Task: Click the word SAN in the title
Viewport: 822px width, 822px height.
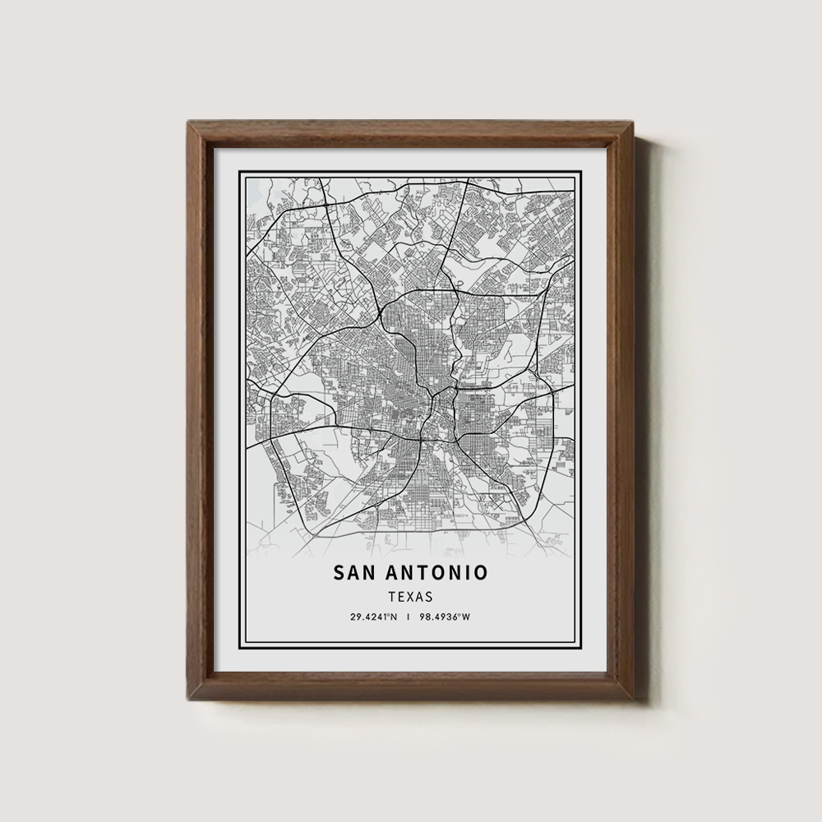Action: click(354, 571)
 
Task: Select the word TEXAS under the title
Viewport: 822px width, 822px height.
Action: click(410, 597)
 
